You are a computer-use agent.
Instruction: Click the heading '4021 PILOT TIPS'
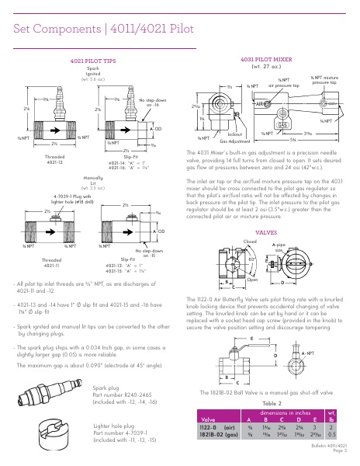(92, 60)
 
